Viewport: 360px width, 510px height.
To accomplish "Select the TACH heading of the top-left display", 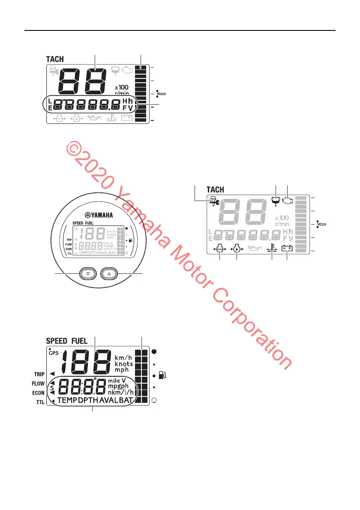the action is pos(55,59).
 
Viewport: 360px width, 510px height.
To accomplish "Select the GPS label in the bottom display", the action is pos(53,354).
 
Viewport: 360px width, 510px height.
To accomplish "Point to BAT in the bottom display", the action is pos(127,400).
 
